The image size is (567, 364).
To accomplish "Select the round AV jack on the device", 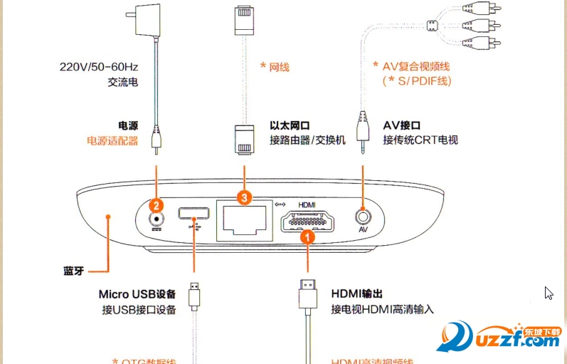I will point(363,216).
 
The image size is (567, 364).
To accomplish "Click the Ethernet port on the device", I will point(244,219).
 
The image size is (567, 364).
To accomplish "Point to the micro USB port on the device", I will point(193,213).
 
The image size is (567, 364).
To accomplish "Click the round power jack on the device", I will point(154,219).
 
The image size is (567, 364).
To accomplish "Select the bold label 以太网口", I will point(290,125).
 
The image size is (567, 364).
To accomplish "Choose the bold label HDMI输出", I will point(358,293).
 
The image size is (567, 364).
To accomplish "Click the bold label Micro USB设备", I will point(137,293).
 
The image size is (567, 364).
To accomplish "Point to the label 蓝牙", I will point(73,271).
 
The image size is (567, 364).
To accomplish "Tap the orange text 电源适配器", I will point(112,140).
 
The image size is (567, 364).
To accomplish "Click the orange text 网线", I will point(278,68).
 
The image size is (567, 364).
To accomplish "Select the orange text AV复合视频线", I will point(416,66).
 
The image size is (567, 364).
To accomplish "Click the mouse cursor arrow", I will point(548,293).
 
